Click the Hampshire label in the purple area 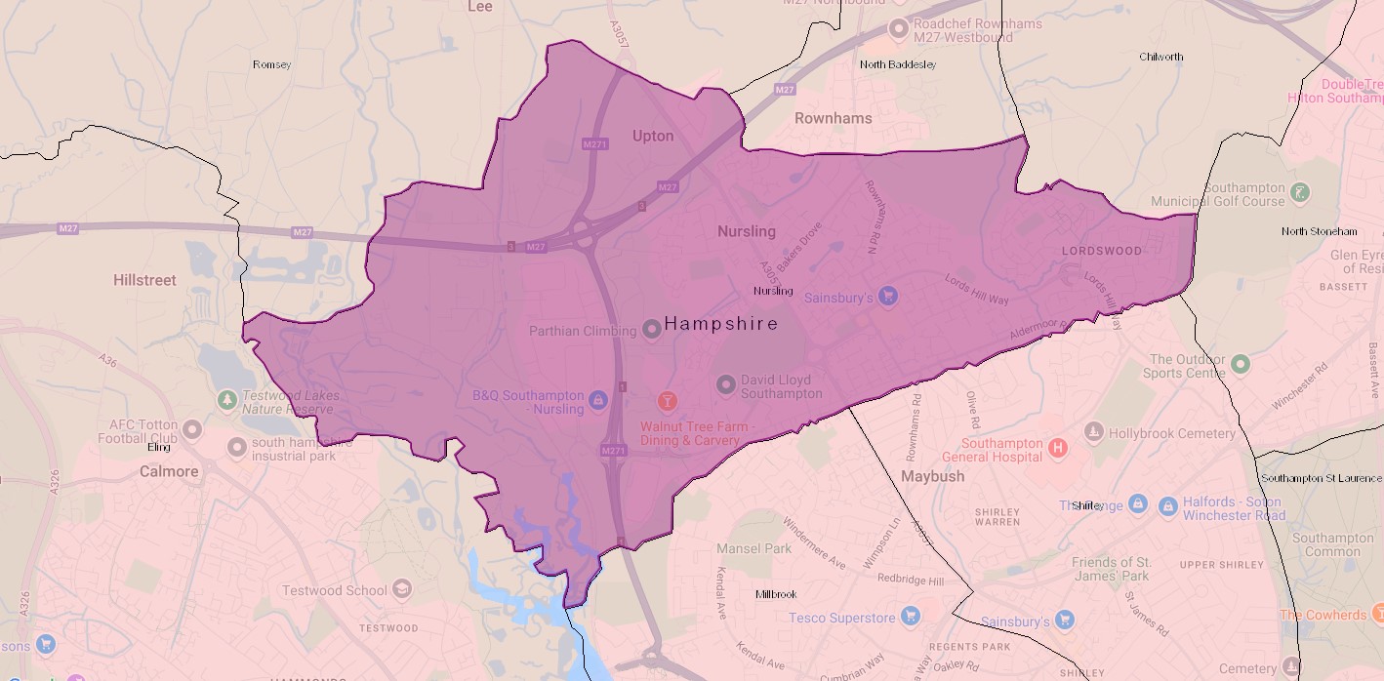(721, 323)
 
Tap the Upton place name (653, 136)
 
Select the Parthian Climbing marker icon (652, 330)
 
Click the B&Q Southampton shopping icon (598, 399)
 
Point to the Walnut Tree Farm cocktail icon (668, 401)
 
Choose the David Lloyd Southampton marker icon (725, 384)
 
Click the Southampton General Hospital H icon (1056, 450)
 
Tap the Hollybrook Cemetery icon (1094, 432)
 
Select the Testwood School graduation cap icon (401, 589)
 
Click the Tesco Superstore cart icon (911, 617)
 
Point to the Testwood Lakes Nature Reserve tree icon (227, 400)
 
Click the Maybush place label (932, 476)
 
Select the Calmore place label (169, 471)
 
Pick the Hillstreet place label (144, 280)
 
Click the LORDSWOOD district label (1101, 251)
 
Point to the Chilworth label (1160, 57)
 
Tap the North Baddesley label (897, 64)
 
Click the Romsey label (271, 64)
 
